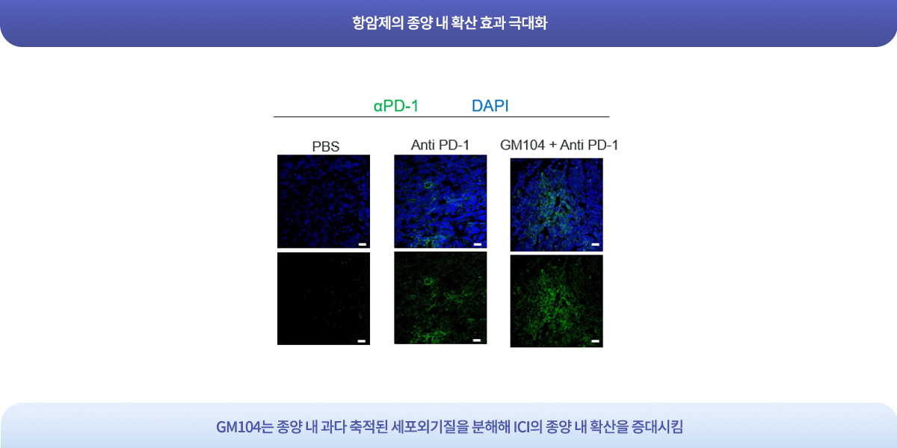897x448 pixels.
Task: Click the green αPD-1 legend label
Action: pyautogui.click(x=396, y=106)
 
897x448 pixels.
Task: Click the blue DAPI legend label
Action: pyautogui.click(x=490, y=106)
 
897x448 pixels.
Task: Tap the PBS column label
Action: pyautogui.click(x=326, y=146)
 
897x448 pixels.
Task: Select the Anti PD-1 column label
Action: pyautogui.click(x=440, y=145)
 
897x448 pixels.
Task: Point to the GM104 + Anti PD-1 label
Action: pyautogui.click(x=559, y=145)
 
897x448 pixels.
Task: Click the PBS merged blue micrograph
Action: pyautogui.click(x=324, y=201)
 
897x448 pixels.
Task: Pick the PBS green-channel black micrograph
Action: pyautogui.click(x=324, y=299)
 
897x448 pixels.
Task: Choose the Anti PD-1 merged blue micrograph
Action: pyautogui.click(x=440, y=201)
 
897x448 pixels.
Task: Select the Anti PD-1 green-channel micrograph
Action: pyautogui.click(x=440, y=298)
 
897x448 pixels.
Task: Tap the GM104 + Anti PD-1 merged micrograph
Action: pyautogui.click(x=557, y=205)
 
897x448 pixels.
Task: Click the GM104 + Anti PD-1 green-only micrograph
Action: pyautogui.click(x=557, y=301)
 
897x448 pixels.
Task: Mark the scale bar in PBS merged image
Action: pyautogui.click(x=363, y=244)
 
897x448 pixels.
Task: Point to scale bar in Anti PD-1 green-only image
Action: pyautogui.click(x=477, y=340)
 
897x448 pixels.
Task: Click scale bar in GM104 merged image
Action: pyautogui.click(x=596, y=244)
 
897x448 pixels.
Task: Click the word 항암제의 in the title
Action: pyautogui.click(x=377, y=23)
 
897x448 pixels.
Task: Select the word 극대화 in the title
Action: pyautogui.click(x=528, y=23)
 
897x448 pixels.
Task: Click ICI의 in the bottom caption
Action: pyautogui.click(x=528, y=427)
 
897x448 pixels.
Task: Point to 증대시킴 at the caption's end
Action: pyautogui.click(x=657, y=427)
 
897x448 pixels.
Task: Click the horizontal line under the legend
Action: pyautogui.click(x=441, y=116)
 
